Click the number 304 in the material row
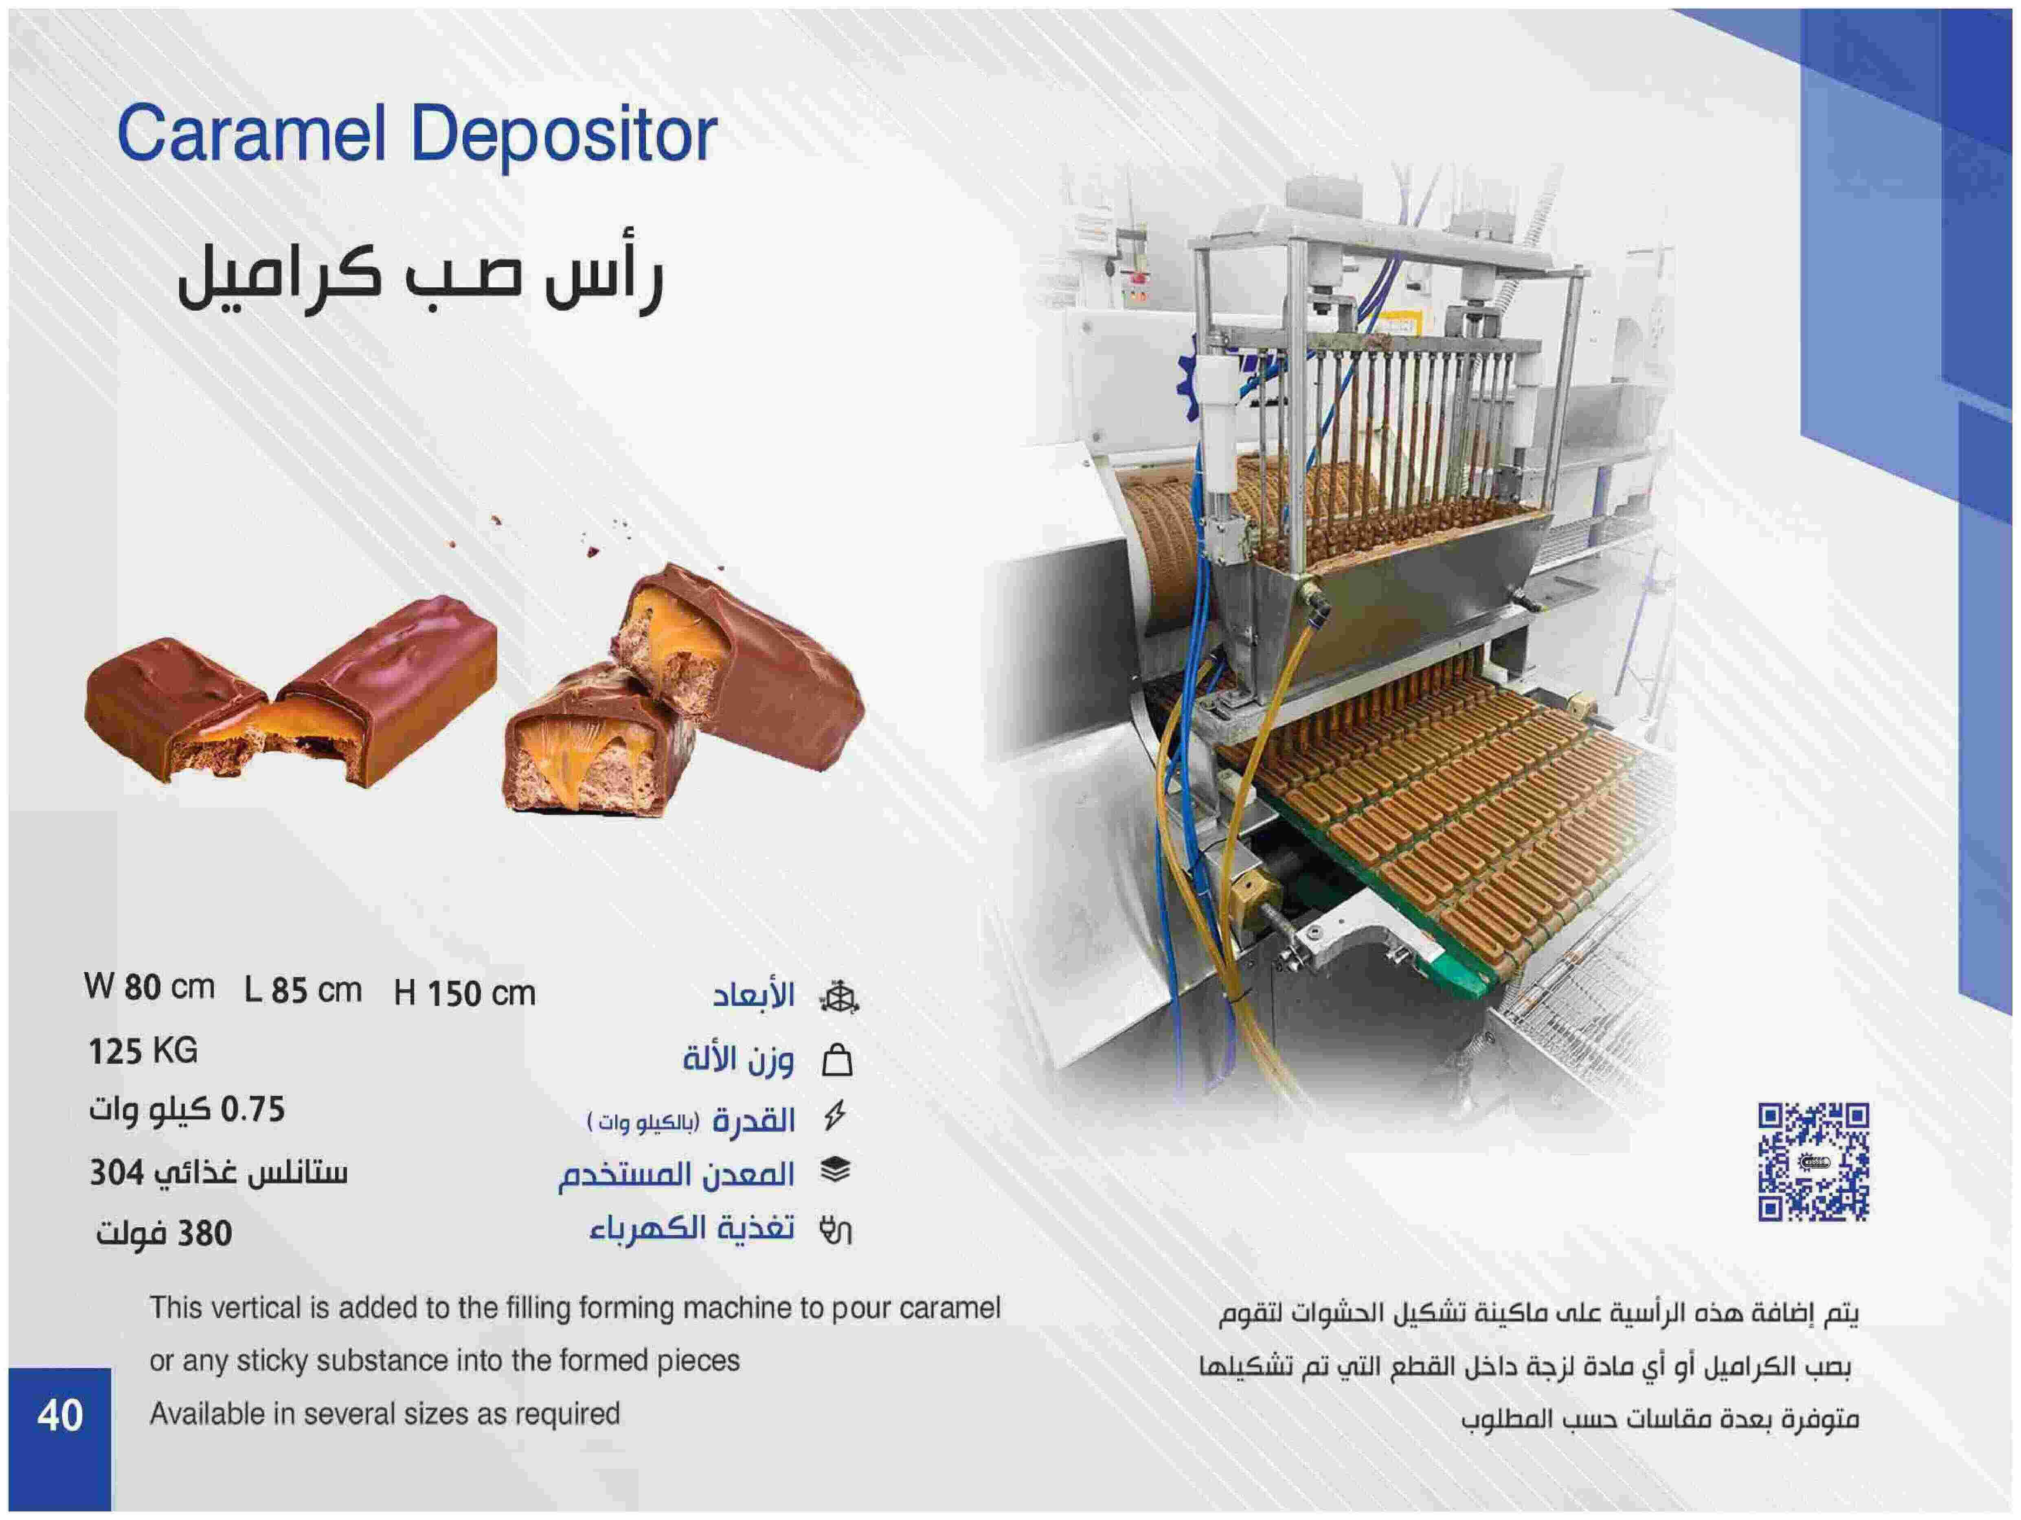tap(117, 1172)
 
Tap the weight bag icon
tap(837, 1060)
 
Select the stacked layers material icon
tap(836, 1170)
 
